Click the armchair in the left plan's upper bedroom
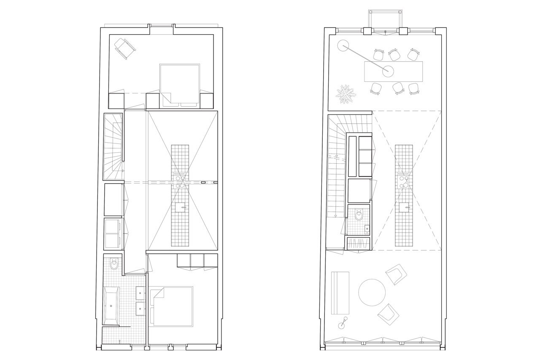[x=124, y=48]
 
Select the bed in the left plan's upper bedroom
[x=179, y=84]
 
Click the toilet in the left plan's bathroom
[x=114, y=265]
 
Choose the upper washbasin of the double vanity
[x=141, y=292]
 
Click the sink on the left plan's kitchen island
[x=180, y=207]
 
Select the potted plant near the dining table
[x=346, y=95]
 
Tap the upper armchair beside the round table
[x=396, y=274]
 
